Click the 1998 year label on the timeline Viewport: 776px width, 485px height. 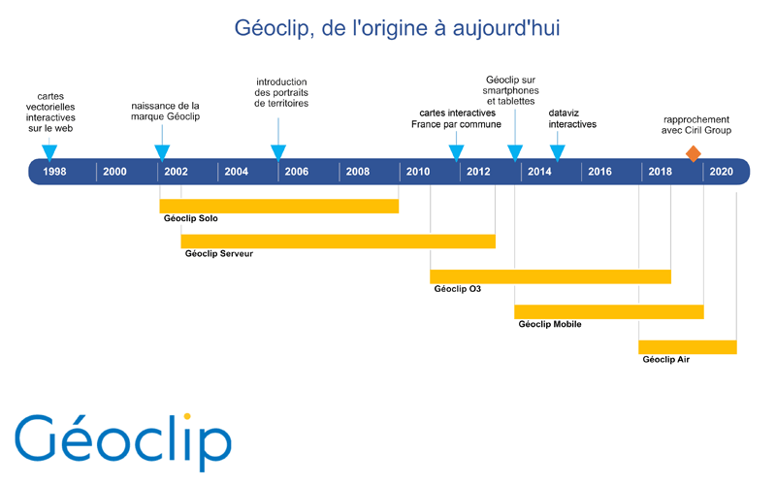[x=54, y=172]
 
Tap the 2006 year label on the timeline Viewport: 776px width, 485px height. [x=297, y=172]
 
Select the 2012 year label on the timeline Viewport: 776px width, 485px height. [x=478, y=172]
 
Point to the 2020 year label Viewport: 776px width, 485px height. [x=721, y=172]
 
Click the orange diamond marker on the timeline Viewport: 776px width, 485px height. [x=694, y=154]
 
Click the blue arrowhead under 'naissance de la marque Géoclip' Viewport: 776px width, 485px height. [x=162, y=152]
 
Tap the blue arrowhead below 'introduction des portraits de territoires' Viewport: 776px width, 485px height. [x=278, y=152]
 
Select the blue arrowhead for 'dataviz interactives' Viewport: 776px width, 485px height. [x=557, y=152]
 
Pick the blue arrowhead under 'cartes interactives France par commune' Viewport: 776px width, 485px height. [x=456, y=152]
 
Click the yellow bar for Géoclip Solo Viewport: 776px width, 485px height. [x=279, y=206]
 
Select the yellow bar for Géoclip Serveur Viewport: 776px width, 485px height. [x=338, y=241]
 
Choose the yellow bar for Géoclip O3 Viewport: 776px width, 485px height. [x=550, y=276]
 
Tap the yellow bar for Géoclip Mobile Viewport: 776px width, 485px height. [x=609, y=311]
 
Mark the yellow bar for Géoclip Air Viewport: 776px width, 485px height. [x=688, y=347]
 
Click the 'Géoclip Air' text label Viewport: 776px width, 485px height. [x=665, y=359]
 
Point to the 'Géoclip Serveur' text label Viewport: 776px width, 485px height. [x=219, y=253]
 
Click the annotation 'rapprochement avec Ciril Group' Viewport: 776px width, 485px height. [x=696, y=125]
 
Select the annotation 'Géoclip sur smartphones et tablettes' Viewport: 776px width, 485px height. [x=511, y=90]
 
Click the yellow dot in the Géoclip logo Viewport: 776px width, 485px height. [x=187, y=416]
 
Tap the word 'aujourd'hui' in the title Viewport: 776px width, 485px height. [x=506, y=28]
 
